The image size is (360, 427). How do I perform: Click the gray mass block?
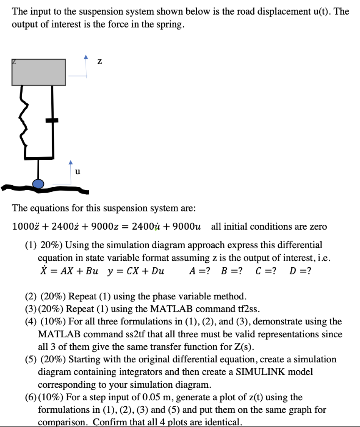click(x=39, y=72)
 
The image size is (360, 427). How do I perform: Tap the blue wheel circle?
click(x=38, y=183)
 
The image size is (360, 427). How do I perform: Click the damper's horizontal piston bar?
click(x=52, y=121)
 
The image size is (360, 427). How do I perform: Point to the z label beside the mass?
click(x=99, y=62)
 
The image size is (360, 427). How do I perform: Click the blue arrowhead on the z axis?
click(x=86, y=57)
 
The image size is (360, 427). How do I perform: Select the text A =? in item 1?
click(x=199, y=271)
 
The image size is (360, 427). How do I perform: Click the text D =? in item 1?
click(x=299, y=271)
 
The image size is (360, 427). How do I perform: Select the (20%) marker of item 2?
click(x=52, y=296)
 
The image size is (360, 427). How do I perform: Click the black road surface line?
click(x=46, y=190)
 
